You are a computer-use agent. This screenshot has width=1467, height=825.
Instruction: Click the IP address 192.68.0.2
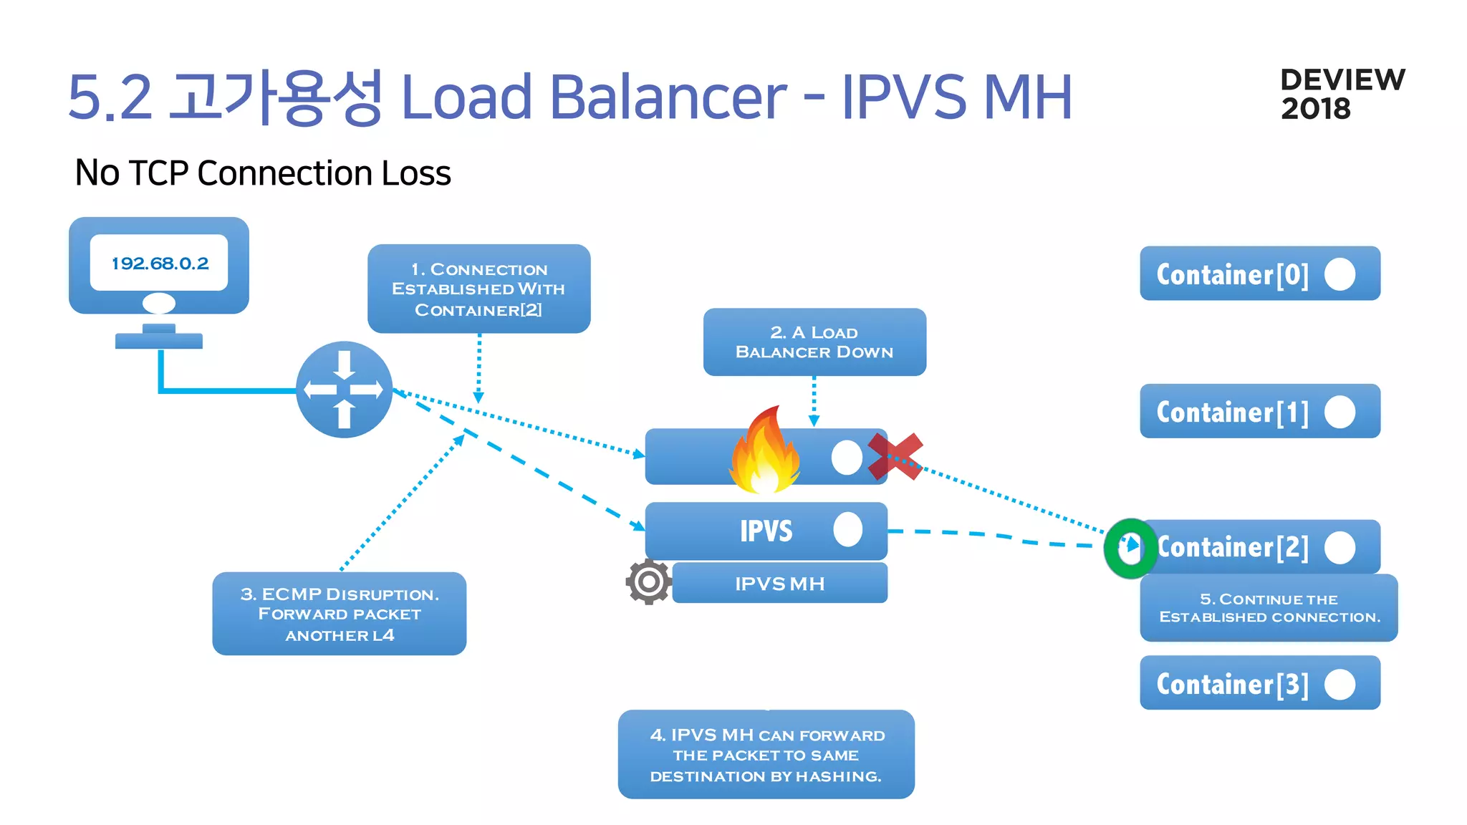(160, 263)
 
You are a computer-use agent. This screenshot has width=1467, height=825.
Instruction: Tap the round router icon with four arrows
(344, 390)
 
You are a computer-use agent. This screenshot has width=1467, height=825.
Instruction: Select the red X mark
(895, 456)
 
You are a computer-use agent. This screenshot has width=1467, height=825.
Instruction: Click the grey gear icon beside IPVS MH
(648, 582)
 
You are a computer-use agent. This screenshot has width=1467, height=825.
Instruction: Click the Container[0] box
(1259, 274)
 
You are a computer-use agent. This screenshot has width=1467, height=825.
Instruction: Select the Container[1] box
(1259, 411)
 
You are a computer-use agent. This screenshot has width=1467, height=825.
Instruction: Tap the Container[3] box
(1259, 682)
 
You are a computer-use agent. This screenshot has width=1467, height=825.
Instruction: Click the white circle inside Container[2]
(1339, 547)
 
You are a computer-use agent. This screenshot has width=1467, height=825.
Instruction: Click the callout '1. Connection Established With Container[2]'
(478, 289)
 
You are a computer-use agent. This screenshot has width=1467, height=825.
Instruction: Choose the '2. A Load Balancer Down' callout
(814, 342)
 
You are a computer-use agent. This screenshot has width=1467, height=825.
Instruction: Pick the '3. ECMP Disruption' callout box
(339, 614)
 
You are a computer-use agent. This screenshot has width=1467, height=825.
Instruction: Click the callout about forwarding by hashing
(766, 755)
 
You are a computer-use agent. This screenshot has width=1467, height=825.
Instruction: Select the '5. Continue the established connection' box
(1269, 608)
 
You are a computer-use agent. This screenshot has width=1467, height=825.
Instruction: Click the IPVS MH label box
(779, 583)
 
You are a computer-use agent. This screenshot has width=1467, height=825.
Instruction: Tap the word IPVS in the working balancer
(766, 531)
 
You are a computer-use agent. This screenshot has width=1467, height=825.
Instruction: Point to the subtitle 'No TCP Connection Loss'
(263, 173)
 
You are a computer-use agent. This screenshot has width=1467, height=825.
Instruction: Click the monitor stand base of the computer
(159, 341)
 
